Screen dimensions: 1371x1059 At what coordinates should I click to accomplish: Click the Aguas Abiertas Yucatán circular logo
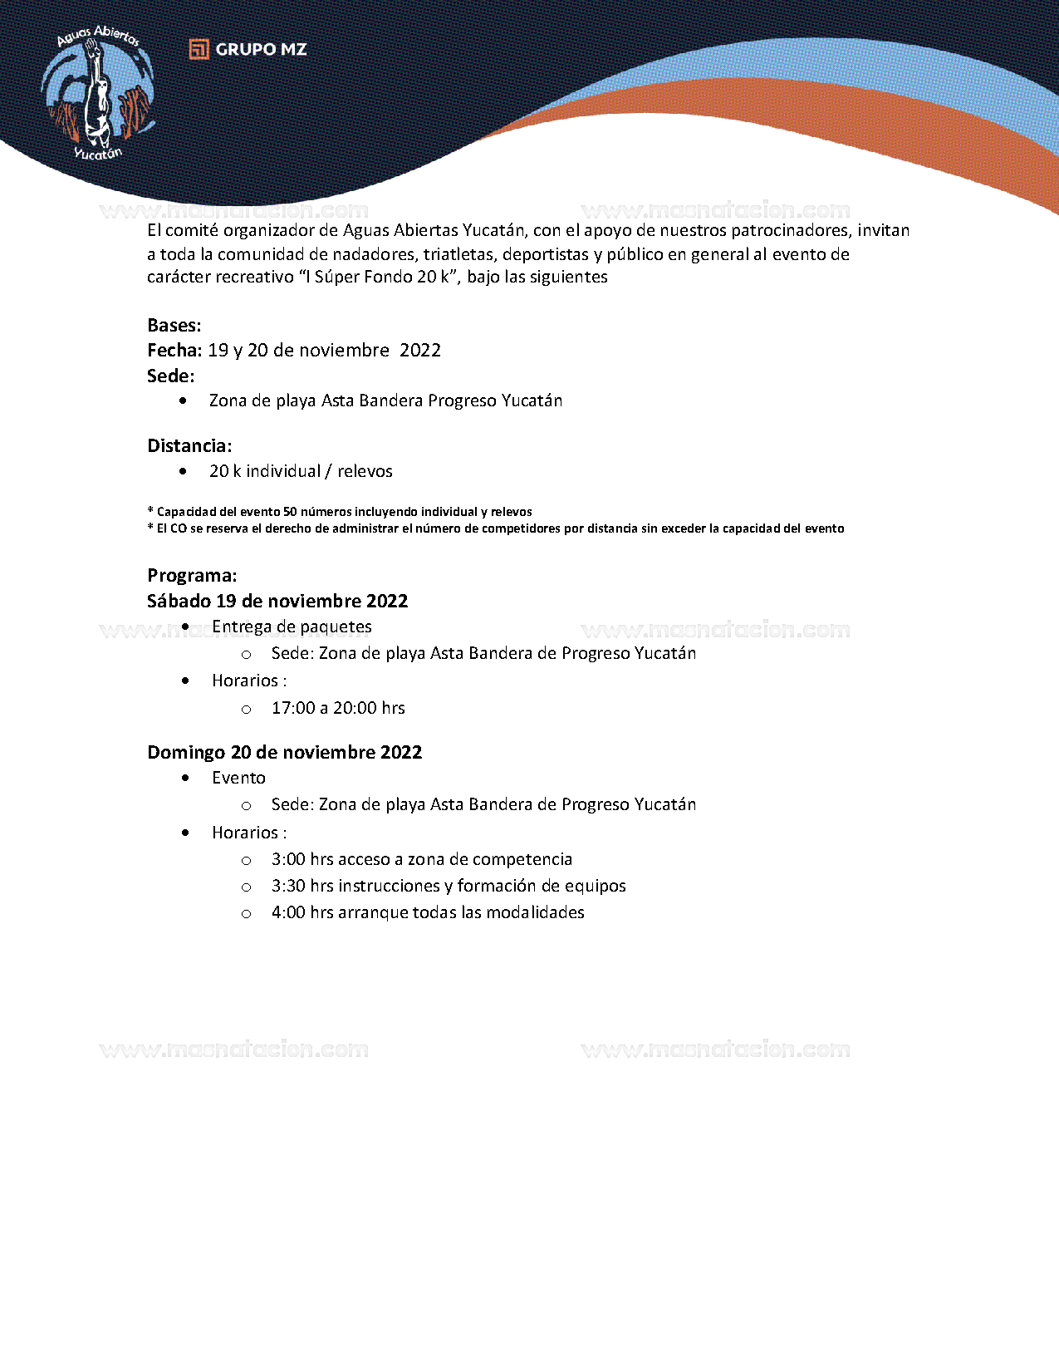point(98,93)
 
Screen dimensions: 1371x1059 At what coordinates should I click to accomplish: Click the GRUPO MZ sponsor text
point(261,50)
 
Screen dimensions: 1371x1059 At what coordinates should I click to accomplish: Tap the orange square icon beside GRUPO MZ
point(199,50)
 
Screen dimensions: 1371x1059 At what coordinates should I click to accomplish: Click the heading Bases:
point(174,326)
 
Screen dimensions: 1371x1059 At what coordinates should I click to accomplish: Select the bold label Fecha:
point(174,351)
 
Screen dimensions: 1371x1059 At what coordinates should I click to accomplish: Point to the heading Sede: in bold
point(171,376)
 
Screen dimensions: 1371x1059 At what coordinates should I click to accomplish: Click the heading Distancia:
point(189,446)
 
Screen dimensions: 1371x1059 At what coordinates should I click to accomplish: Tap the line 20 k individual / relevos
point(301,471)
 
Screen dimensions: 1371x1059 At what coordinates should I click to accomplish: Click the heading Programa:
point(192,576)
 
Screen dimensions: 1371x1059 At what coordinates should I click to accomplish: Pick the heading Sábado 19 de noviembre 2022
point(277,602)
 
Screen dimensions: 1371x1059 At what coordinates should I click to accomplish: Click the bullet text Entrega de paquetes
point(292,627)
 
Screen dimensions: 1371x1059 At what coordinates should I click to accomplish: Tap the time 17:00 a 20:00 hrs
point(338,708)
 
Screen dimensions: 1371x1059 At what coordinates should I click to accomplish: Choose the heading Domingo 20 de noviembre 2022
point(285,753)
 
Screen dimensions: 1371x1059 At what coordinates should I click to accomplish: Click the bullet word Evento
point(238,778)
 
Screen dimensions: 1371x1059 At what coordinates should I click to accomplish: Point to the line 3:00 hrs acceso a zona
point(421,859)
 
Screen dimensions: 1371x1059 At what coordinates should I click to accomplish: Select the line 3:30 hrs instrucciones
point(449,886)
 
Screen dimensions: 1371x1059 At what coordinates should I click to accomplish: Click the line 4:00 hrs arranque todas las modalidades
point(428,912)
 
